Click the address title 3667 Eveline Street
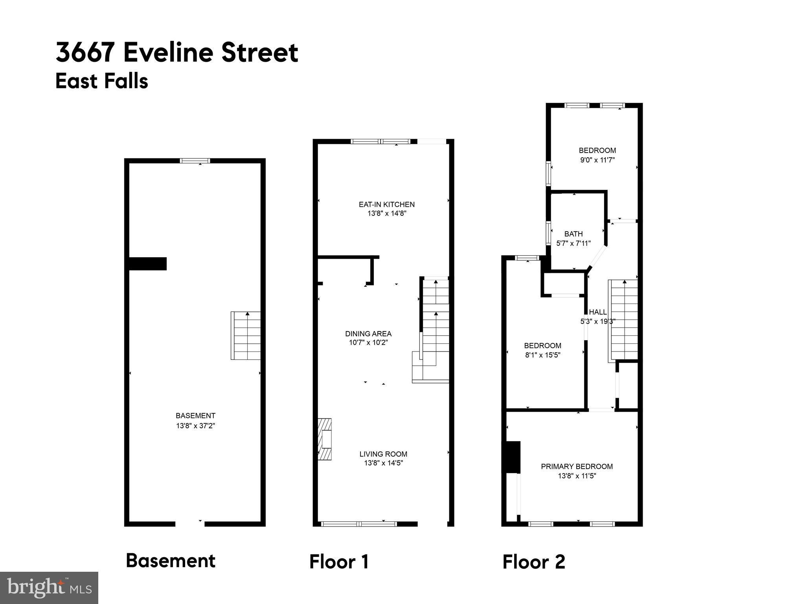click(x=177, y=53)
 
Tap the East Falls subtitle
click(x=102, y=81)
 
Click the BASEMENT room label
click(x=195, y=416)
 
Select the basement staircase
click(x=246, y=335)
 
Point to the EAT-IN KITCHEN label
click(x=386, y=204)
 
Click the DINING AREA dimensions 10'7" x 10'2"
click(x=368, y=343)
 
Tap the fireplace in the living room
click(x=325, y=439)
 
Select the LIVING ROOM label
click(x=383, y=454)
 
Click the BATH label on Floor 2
click(x=573, y=234)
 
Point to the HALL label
click(x=597, y=312)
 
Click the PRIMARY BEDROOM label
click(x=577, y=467)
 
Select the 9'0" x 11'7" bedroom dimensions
click(x=597, y=160)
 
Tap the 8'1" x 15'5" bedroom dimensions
click(x=542, y=355)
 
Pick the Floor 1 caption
click(x=339, y=562)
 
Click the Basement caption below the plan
click(x=171, y=561)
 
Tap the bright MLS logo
click(x=49, y=587)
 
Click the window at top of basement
click(x=195, y=160)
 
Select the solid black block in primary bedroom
click(x=513, y=457)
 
